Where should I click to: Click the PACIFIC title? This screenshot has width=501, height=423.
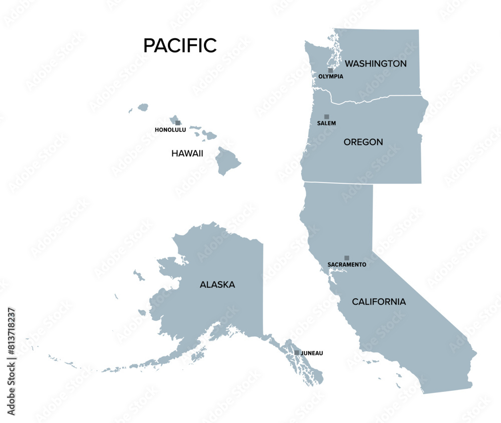180,46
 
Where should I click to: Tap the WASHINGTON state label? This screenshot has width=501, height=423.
376,64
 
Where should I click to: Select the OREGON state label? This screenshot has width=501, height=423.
363,142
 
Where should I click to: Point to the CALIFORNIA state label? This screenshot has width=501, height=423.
379,302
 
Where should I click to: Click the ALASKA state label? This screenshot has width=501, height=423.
217,285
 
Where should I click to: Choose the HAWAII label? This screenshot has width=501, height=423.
187,153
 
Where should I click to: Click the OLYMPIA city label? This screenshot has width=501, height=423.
331,77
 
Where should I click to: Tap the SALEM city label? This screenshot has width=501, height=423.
327,123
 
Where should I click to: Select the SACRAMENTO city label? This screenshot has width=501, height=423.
347,264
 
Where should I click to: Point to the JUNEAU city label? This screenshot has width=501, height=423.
312,353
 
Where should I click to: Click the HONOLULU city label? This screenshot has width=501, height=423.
170,130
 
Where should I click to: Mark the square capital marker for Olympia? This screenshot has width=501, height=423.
330,70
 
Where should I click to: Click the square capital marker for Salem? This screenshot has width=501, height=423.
327,116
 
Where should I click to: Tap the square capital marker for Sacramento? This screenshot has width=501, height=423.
347,258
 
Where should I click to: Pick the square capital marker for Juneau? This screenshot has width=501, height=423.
297,353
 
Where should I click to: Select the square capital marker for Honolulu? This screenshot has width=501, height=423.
177,123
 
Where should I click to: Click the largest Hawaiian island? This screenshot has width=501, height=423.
228,161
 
